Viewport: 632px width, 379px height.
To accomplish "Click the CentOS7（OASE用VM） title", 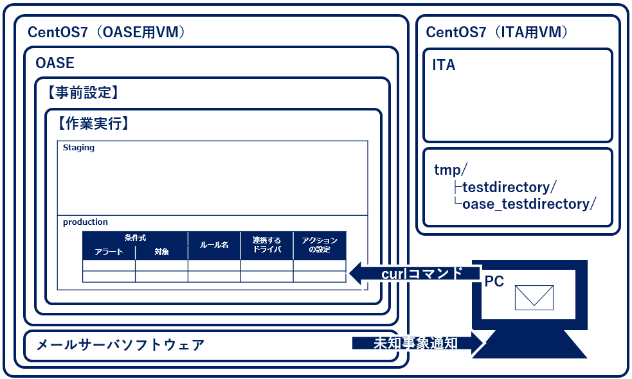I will point(106,32).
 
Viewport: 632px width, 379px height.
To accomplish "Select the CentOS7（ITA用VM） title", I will point(496,32).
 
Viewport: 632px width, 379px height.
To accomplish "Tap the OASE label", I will point(55,63).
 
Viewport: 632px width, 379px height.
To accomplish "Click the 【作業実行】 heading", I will point(93,123).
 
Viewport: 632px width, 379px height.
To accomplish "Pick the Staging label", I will point(78,148).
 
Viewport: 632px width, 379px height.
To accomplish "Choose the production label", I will point(86,222).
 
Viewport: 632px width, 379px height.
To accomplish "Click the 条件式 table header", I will point(135,238).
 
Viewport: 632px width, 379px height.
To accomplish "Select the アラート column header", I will point(109,252).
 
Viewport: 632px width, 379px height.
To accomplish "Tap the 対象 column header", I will point(161,252).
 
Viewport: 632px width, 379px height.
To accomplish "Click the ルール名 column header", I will point(214,245).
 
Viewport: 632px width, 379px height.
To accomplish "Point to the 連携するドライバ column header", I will point(267,245).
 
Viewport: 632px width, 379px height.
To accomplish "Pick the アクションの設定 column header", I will point(320,245).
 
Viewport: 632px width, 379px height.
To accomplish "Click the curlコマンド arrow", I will point(415,273).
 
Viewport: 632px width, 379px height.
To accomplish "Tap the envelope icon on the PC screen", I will point(534,296).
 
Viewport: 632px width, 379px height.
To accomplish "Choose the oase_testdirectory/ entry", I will point(529,204).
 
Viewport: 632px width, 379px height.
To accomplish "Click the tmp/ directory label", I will point(451,170).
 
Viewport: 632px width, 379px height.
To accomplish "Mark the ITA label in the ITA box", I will point(444,65).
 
